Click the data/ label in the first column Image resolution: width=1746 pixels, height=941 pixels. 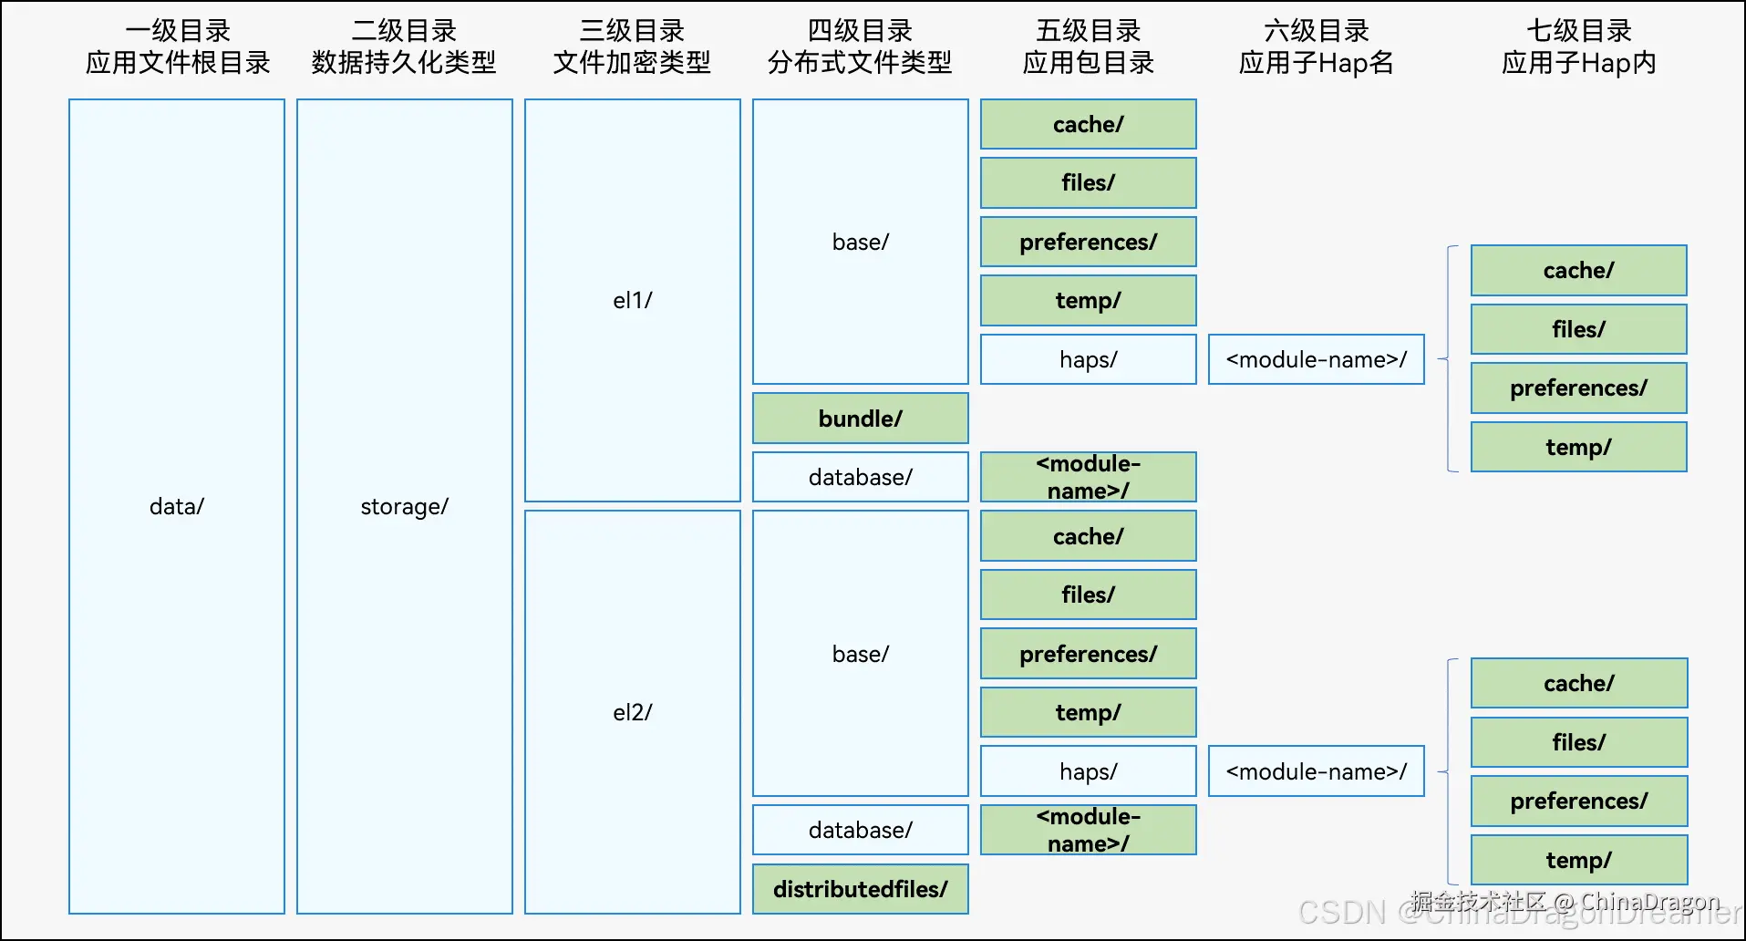(177, 506)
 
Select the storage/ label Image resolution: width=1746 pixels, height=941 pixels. (404, 506)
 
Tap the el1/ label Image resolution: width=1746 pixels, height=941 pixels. (632, 300)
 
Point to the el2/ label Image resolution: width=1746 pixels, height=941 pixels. (632, 712)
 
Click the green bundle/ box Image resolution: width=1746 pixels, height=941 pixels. (860, 419)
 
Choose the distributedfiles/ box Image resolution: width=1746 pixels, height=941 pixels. (860, 889)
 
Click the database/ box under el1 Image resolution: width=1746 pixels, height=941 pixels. (860, 477)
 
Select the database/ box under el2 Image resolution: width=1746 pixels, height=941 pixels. (860, 830)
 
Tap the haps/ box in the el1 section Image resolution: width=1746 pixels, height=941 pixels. (1088, 359)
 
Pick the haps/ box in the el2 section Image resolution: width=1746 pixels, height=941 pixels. (1088, 771)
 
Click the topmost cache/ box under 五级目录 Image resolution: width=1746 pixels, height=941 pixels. (1088, 124)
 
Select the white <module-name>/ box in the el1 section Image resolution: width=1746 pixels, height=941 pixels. (1316, 359)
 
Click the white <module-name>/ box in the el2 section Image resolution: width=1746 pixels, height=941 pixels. (1316, 771)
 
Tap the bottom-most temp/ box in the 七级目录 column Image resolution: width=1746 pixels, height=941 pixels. (1578, 860)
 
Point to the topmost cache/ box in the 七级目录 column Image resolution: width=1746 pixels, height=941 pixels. (1578, 270)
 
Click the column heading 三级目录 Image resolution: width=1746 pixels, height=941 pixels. (632, 31)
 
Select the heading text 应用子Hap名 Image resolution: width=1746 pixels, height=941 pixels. (1316, 63)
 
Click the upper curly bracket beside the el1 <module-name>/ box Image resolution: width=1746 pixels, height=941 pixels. (1448, 359)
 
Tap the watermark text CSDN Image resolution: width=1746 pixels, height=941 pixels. (1341, 913)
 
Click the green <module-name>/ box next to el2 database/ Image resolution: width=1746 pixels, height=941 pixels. (1088, 830)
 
